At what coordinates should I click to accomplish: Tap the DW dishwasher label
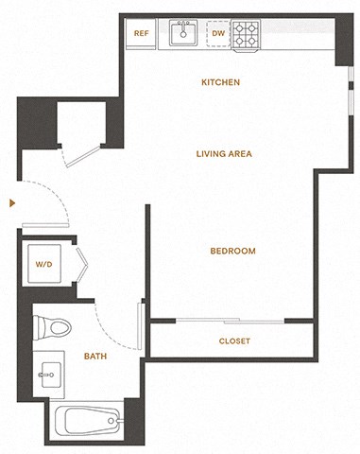216,34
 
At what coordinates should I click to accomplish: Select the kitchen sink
183,34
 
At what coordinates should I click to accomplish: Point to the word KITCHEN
220,82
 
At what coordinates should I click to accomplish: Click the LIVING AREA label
223,153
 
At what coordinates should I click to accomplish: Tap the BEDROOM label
232,251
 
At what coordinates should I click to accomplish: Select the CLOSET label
233,340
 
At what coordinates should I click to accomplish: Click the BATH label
94,357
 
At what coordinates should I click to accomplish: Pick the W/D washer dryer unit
45,265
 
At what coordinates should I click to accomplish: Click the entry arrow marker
10,202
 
